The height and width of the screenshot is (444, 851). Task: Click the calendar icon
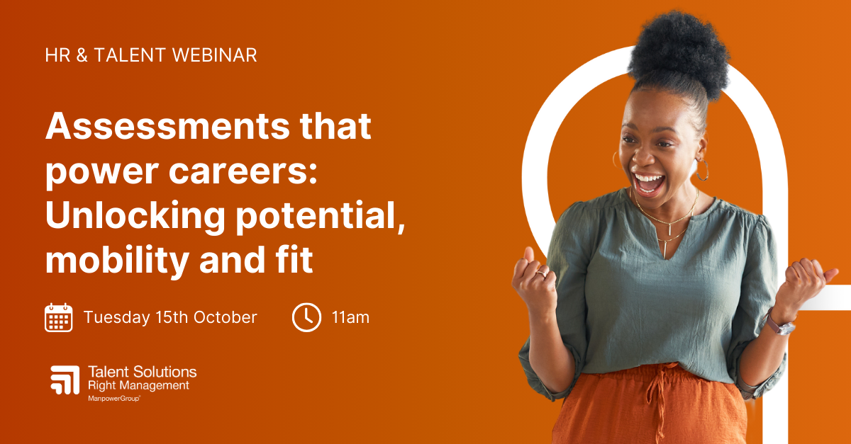[58, 317]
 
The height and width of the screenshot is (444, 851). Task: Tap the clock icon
[306, 317]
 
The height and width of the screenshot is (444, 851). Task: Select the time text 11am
[350, 317]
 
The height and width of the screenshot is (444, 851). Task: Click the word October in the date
[228, 317]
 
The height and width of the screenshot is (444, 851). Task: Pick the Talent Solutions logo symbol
[65, 380]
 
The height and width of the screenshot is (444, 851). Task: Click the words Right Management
[138, 386]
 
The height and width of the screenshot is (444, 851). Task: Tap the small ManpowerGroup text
[113, 399]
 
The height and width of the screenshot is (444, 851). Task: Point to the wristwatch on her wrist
[781, 326]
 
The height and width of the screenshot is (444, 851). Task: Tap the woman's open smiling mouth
[648, 183]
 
